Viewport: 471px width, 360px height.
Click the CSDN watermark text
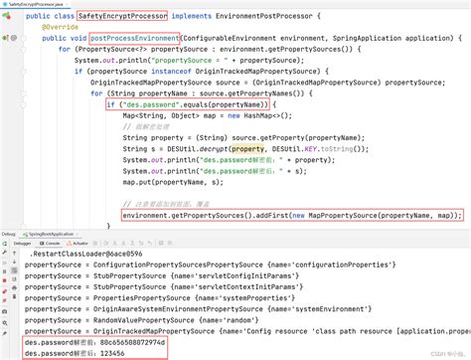coord(437,352)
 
